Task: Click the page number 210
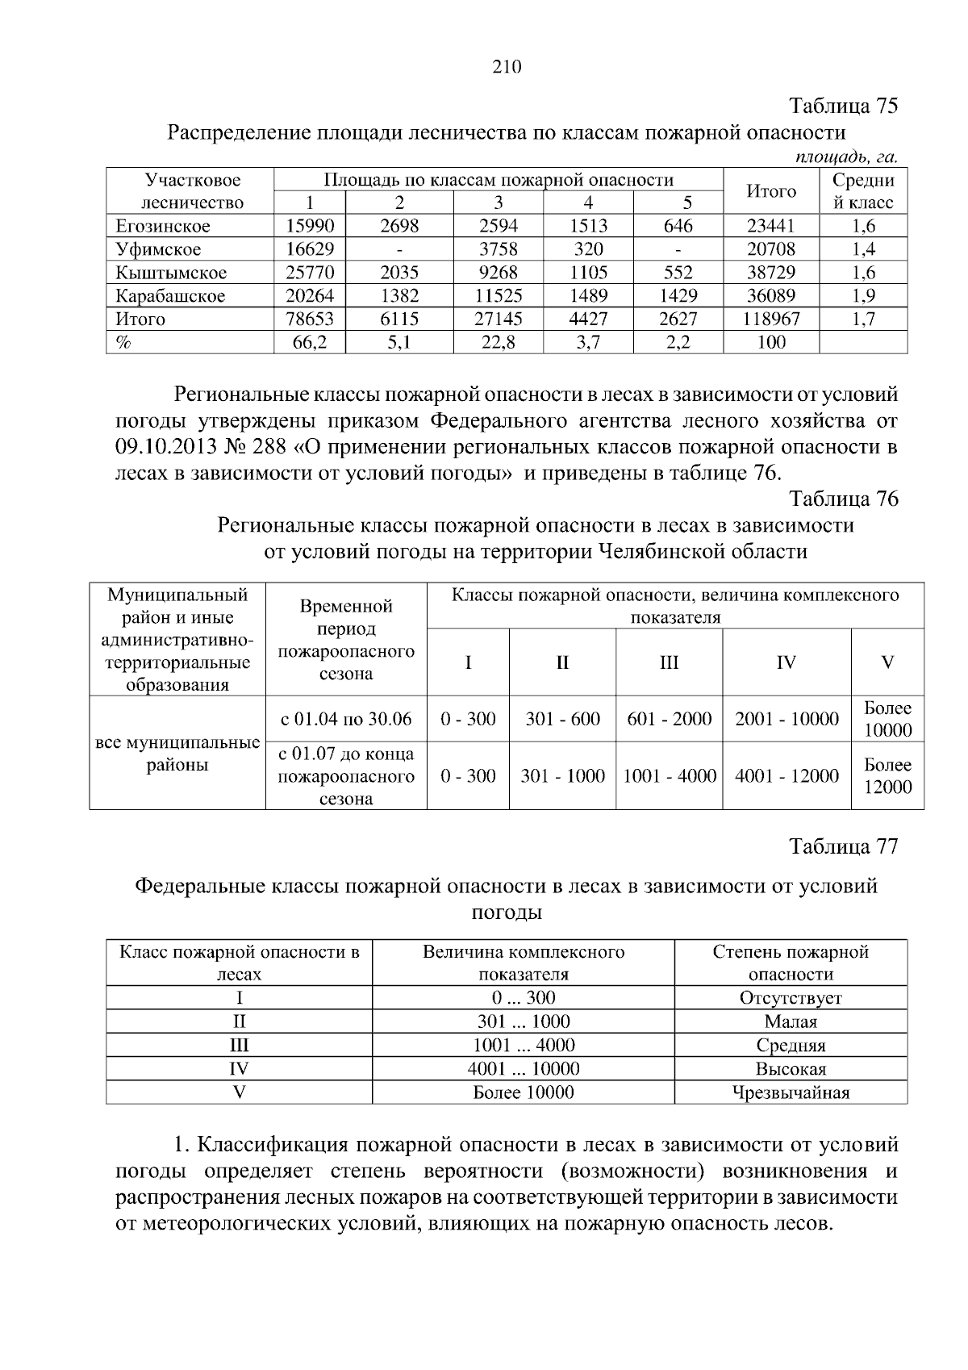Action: tap(507, 67)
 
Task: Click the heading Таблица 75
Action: tap(843, 107)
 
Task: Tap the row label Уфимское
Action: tap(158, 249)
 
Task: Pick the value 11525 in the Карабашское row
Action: tap(498, 296)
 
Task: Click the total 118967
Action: tap(771, 320)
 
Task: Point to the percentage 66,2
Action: tap(310, 343)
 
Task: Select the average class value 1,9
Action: tap(863, 296)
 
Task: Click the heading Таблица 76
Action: tap(843, 499)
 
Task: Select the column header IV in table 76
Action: tap(786, 663)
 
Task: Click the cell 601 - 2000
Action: tap(669, 719)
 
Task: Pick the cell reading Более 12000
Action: tap(887, 776)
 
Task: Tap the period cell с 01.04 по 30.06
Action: tap(346, 719)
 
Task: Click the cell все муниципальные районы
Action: tap(177, 754)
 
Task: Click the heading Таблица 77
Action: tap(843, 846)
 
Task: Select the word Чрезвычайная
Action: tap(791, 1093)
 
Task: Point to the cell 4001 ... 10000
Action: tap(523, 1070)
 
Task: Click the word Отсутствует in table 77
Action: tap(791, 998)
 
